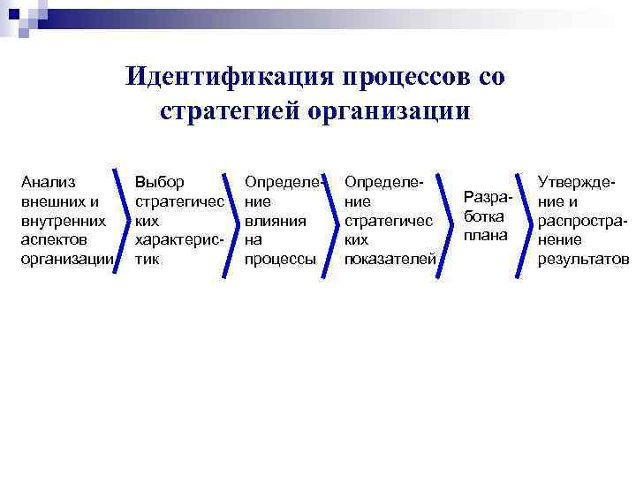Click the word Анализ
[x=48, y=182]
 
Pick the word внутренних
[x=63, y=220]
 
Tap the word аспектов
[x=53, y=239]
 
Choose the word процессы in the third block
[x=280, y=259]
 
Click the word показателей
[x=390, y=259]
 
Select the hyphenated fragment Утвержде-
[x=576, y=182]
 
